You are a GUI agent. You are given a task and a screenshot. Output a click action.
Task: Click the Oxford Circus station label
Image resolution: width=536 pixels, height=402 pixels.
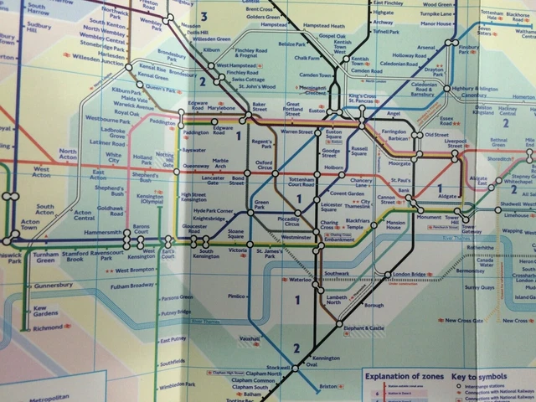click(x=265, y=166)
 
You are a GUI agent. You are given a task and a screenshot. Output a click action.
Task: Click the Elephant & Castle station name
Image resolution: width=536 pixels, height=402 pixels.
click(x=364, y=328)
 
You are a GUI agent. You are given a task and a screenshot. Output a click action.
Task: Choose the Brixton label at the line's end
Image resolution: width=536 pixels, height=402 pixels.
click(x=327, y=386)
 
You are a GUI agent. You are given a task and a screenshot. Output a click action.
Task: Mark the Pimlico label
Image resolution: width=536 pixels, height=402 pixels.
click(x=237, y=296)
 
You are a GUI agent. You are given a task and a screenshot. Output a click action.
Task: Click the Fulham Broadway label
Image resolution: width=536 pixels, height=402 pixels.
click(x=131, y=286)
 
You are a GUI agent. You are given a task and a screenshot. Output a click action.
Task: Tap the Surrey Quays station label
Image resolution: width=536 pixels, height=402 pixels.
click(x=480, y=287)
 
